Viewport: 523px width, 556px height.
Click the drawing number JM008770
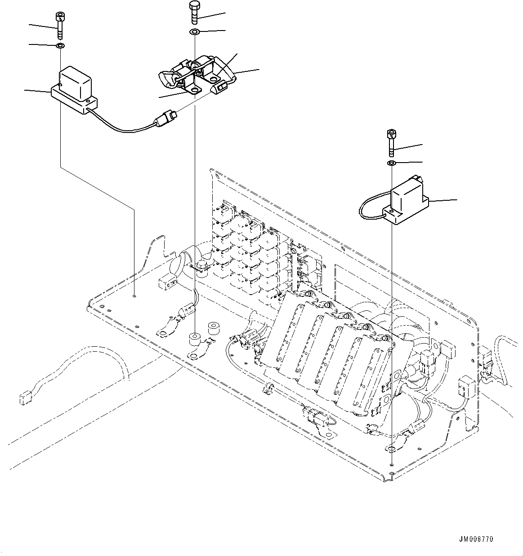(476, 539)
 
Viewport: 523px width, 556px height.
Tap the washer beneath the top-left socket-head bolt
(60, 46)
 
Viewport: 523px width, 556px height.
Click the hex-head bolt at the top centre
(194, 13)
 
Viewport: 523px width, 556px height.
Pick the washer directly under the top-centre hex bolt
(194, 32)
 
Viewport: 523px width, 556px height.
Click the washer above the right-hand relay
(391, 163)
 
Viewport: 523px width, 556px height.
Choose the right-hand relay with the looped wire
(407, 200)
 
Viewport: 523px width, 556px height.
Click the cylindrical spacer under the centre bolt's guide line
(195, 338)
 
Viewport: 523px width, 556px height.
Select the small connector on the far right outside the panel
(486, 357)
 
